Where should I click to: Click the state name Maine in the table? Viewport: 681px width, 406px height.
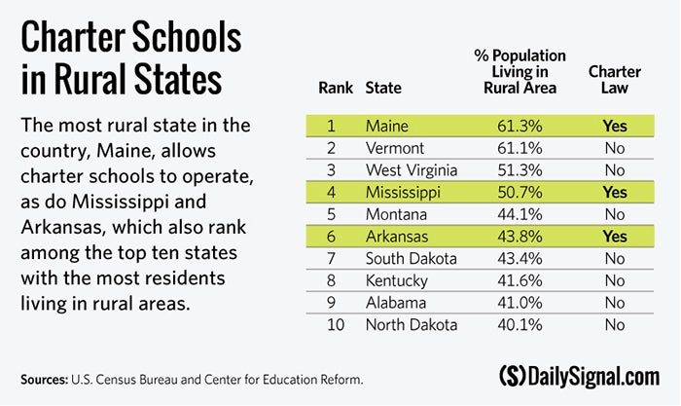coord(387,126)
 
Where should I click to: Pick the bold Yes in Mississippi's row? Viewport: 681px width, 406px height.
coord(614,192)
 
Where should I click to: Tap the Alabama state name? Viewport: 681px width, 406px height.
coord(395,302)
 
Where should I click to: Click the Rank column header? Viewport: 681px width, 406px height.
coord(336,88)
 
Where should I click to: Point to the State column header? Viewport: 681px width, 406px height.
coord(383,88)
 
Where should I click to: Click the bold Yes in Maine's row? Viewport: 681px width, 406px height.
coord(614,126)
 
